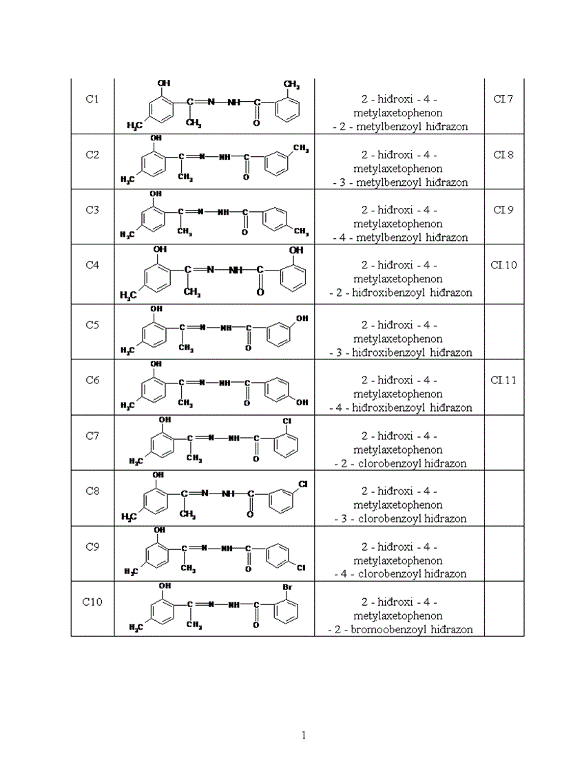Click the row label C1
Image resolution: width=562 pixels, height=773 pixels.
point(92,99)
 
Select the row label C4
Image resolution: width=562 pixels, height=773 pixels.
point(92,265)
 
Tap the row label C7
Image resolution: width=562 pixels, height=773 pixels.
point(92,436)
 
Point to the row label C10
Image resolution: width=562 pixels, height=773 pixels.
point(92,602)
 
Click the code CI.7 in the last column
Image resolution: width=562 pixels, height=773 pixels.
point(503,99)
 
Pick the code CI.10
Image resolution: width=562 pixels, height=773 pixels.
point(504,265)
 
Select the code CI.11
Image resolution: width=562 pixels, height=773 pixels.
point(504,380)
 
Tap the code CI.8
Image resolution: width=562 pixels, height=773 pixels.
point(503,155)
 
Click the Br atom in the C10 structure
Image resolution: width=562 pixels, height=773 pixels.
point(289,587)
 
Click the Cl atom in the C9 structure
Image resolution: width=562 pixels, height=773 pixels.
point(301,569)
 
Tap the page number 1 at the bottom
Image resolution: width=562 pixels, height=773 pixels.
point(304,735)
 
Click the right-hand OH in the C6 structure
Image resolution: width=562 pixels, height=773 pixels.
point(302,403)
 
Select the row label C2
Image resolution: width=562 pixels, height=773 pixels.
point(92,155)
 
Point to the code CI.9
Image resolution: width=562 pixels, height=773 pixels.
point(503,210)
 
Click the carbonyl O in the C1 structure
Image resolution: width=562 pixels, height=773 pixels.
point(256,123)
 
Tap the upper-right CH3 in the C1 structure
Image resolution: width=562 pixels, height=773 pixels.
point(291,85)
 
